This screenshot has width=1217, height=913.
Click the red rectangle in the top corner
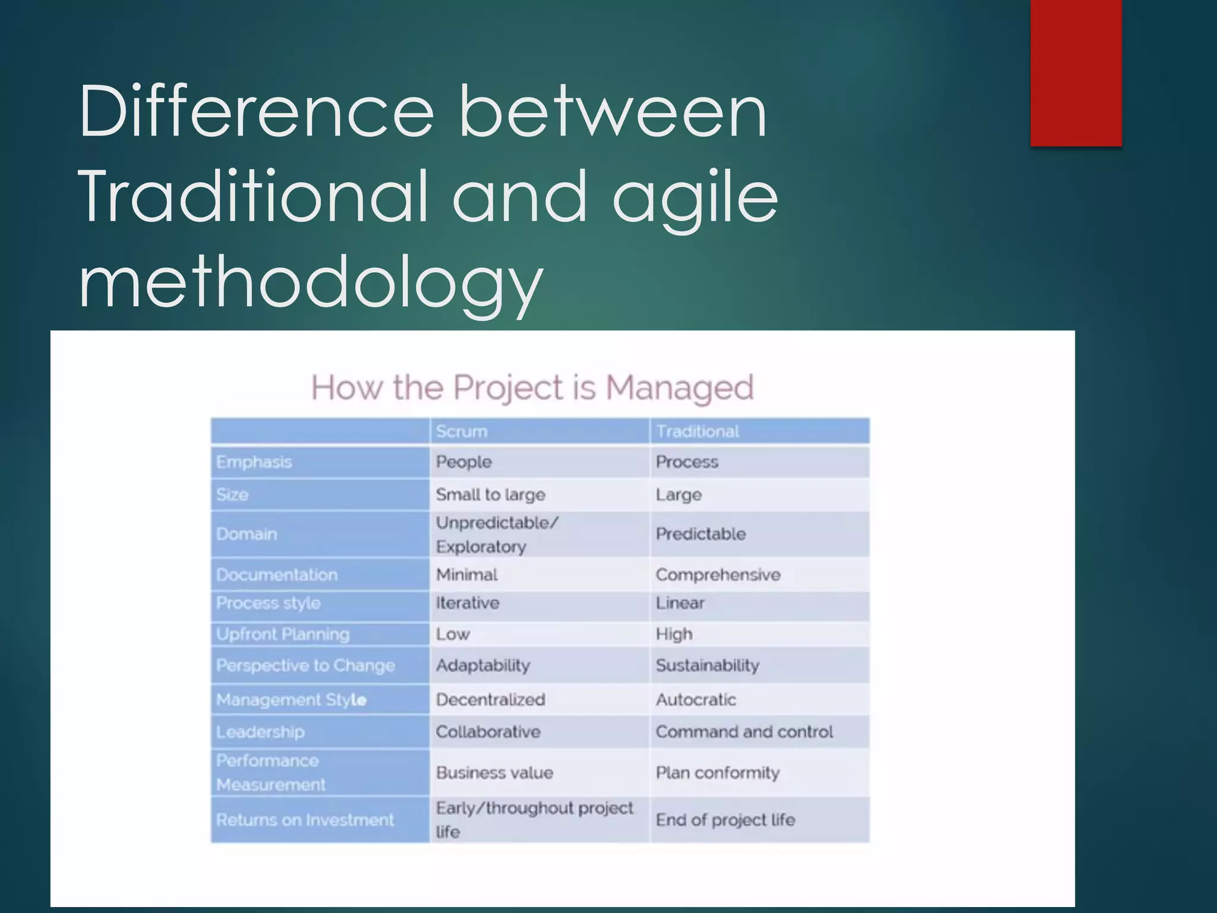click(1076, 73)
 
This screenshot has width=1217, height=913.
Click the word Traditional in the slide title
click(252, 196)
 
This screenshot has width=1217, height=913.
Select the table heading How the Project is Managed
click(532, 388)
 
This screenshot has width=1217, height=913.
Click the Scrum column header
click(461, 432)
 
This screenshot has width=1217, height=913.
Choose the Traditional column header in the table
click(697, 432)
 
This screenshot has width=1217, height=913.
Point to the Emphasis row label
click(254, 462)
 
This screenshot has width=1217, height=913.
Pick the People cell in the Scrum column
click(464, 462)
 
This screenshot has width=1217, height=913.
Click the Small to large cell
click(490, 495)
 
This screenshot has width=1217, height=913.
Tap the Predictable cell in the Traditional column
click(701, 534)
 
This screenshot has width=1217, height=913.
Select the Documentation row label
click(277, 575)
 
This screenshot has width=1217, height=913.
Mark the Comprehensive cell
click(718, 575)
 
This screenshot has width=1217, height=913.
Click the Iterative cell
click(468, 603)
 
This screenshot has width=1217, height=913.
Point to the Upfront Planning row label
click(283, 634)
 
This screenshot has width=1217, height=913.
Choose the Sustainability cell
click(707, 665)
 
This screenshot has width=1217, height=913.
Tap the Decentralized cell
click(490, 700)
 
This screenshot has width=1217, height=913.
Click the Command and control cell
click(744, 732)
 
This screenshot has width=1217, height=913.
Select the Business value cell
click(494, 773)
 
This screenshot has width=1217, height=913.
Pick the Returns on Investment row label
click(305, 820)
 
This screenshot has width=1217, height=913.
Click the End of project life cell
click(725, 820)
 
